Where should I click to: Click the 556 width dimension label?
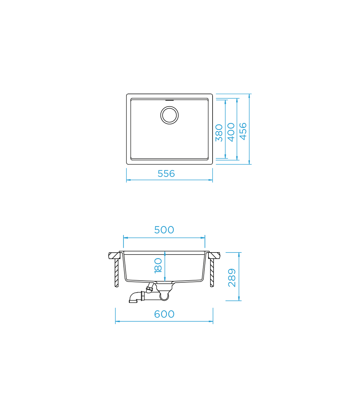pyautogui.click(x=166, y=174)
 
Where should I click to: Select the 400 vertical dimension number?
pyautogui.click(x=231, y=132)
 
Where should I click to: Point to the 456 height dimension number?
pyautogui.click(x=243, y=131)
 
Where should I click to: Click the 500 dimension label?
pyautogui.click(x=164, y=230)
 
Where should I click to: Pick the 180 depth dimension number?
pyautogui.click(x=158, y=266)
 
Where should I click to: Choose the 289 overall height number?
pyautogui.click(x=232, y=278)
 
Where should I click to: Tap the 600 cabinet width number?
pyautogui.click(x=164, y=314)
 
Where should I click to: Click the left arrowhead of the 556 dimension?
pyautogui.click(x=128, y=180)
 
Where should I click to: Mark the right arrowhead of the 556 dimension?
pyautogui.click(x=211, y=180)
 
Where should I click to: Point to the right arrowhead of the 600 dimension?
pyautogui.click(x=212, y=321)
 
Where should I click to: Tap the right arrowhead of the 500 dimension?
pyautogui.click(x=204, y=237)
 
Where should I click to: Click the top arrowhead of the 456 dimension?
pyautogui.click(x=250, y=96)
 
